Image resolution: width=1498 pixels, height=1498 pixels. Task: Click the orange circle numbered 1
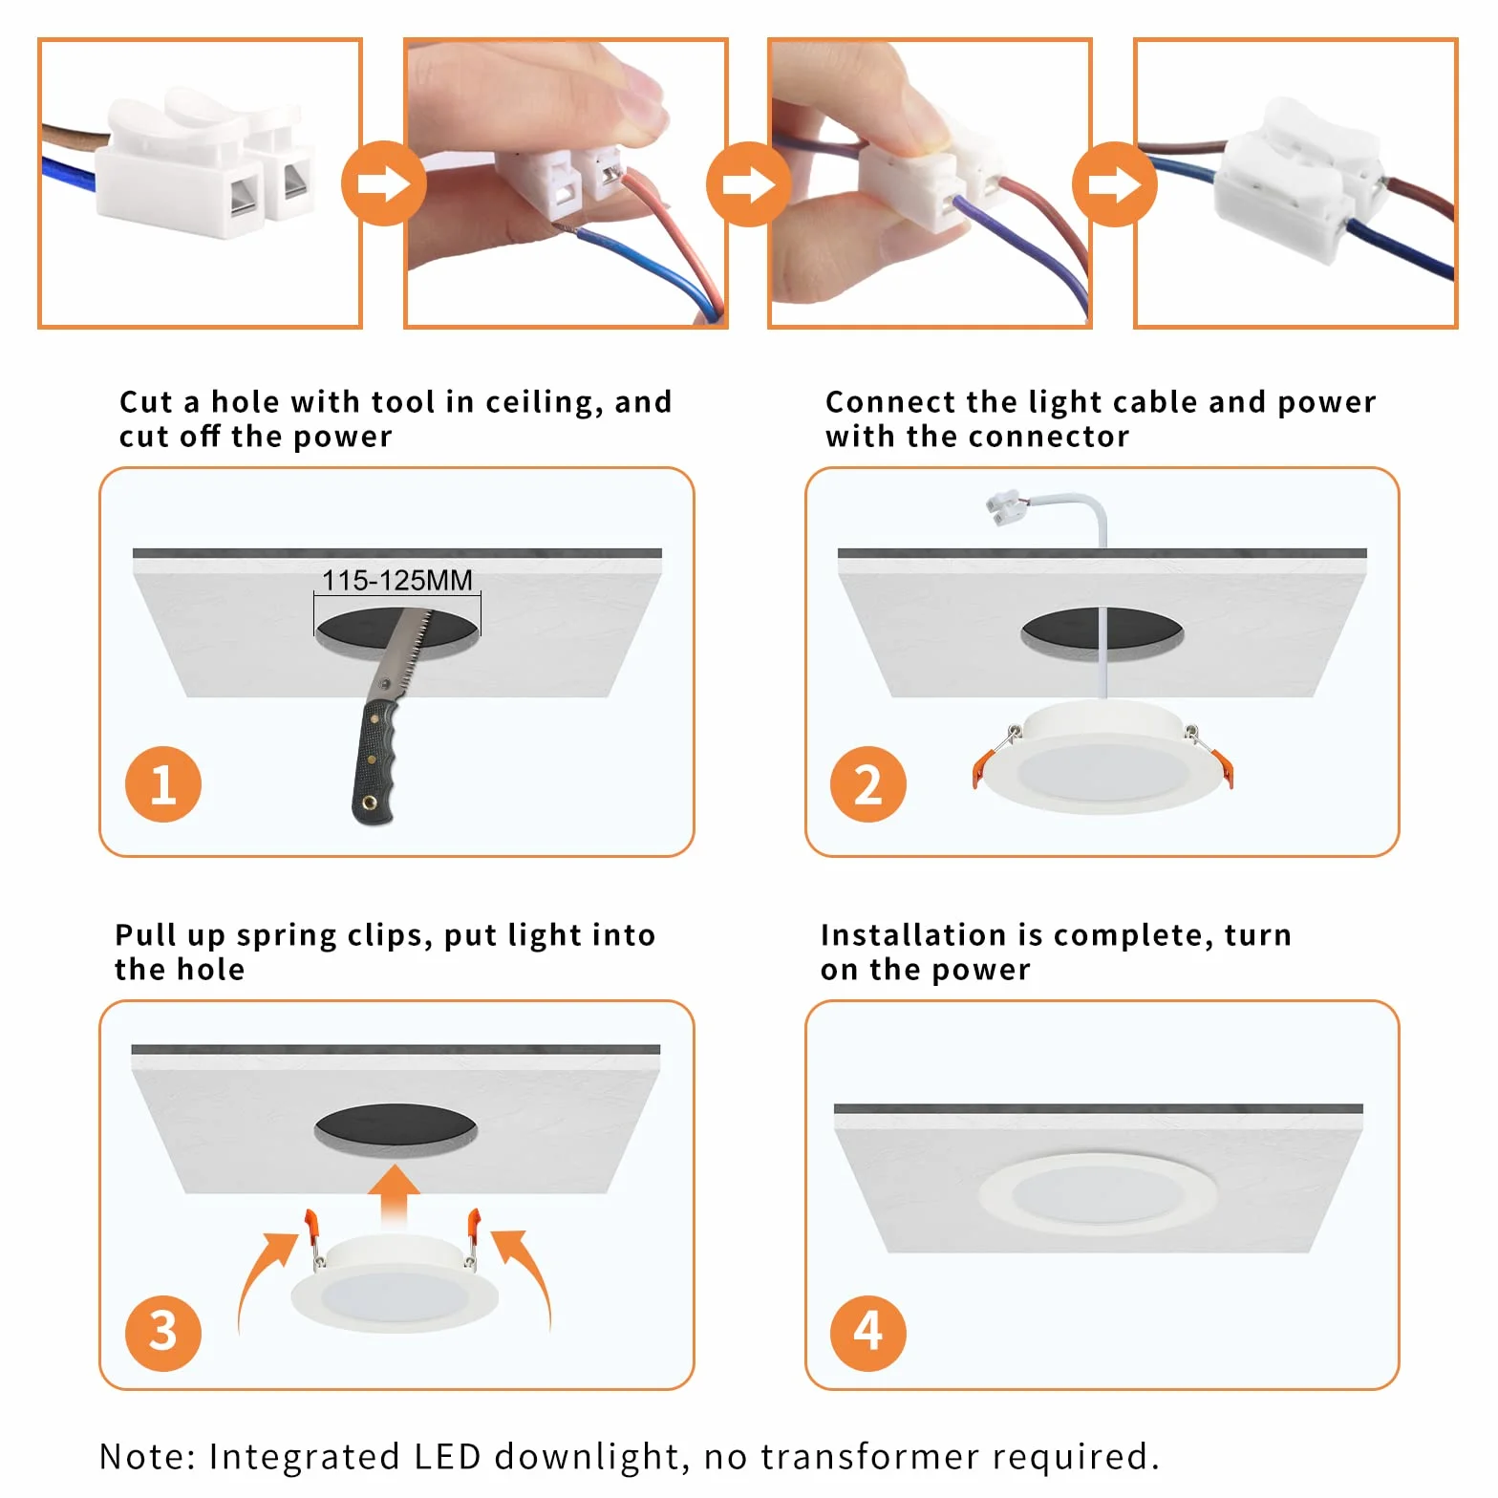pos(163,784)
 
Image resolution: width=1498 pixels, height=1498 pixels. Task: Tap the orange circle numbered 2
pos(868,784)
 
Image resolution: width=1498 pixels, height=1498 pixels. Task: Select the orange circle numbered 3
pos(163,1333)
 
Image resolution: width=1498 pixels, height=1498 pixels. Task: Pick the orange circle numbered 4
pos(868,1333)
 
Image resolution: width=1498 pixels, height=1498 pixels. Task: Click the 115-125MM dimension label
pos(397,580)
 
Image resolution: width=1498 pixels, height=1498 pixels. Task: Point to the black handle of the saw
pos(374,762)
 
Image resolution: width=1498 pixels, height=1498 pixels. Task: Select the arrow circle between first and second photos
pos(384,183)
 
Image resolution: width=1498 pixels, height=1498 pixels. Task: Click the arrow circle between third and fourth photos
pos(1115,183)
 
